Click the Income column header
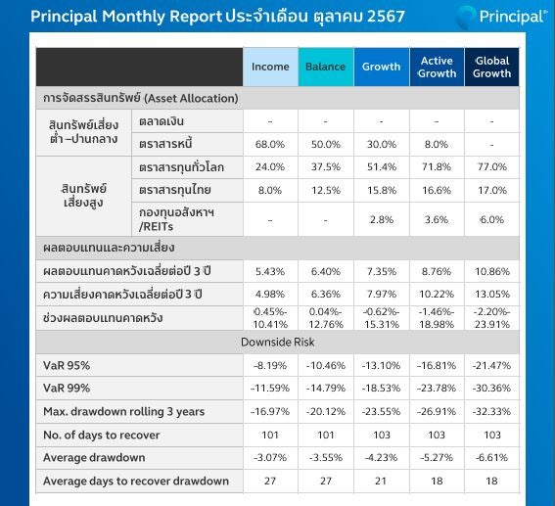[x=270, y=67]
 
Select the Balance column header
[x=326, y=67]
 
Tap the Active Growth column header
[x=437, y=67]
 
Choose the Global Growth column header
[x=492, y=67]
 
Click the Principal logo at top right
[x=501, y=17]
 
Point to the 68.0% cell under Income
[x=270, y=145]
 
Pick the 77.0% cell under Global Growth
[x=492, y=166]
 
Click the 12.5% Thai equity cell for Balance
[x=326, y=191]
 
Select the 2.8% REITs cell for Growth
[x=382, y=220]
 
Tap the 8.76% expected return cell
[x=437, y=271]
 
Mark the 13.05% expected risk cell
[x=492, y=294]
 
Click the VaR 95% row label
[x=67, y=365]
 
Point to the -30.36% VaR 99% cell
[x=491, y=389]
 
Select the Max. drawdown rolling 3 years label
[x=124, y=411]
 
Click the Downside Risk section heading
[x=278, y=342]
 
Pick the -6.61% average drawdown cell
[x=491, y=457]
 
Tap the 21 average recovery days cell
[x=381, y=481]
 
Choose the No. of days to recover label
[x=101, y=435]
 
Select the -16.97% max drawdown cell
[x=270, y=411]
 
